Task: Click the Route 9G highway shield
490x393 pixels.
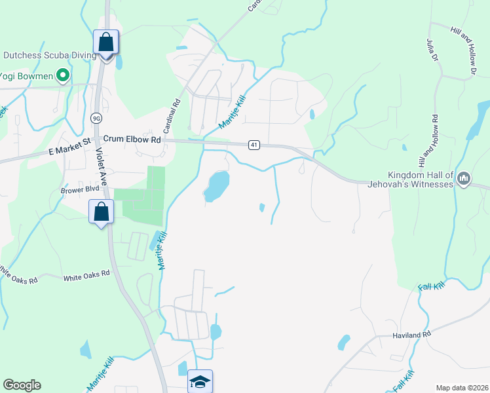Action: (x=96, y=118)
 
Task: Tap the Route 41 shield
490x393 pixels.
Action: (x=254, y=145)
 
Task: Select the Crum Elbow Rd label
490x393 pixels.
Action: (x=132, y=140)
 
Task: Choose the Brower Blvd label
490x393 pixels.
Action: (x=80, y=189)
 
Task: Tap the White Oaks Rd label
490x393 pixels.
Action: (x=86, y=276)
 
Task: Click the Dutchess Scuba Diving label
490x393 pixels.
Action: (x=46, y=56)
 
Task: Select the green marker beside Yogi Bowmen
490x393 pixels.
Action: (x=63, y=76)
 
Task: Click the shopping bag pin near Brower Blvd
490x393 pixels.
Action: (x=102, y=212)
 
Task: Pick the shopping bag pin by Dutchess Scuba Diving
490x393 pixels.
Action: (x=105, y=43)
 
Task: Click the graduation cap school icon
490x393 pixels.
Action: (x=200, y=382)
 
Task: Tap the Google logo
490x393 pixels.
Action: (x=22, y=385)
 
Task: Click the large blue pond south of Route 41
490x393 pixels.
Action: (x=216, y=186)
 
